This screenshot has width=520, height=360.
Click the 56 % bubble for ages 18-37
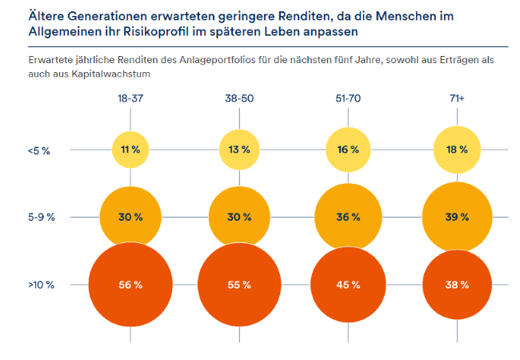click(130, 285)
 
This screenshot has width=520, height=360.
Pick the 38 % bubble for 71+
click(457, 285)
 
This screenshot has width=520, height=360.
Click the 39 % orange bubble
click(457, 217)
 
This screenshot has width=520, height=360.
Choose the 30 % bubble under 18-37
click(130, 217)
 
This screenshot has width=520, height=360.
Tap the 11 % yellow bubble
click(130, 150)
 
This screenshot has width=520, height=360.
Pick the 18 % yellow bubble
click(457, 150)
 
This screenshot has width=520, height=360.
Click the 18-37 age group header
click(130, 98)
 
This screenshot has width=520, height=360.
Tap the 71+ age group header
click(457, 98)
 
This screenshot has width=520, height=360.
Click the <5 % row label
click(39, 150)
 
